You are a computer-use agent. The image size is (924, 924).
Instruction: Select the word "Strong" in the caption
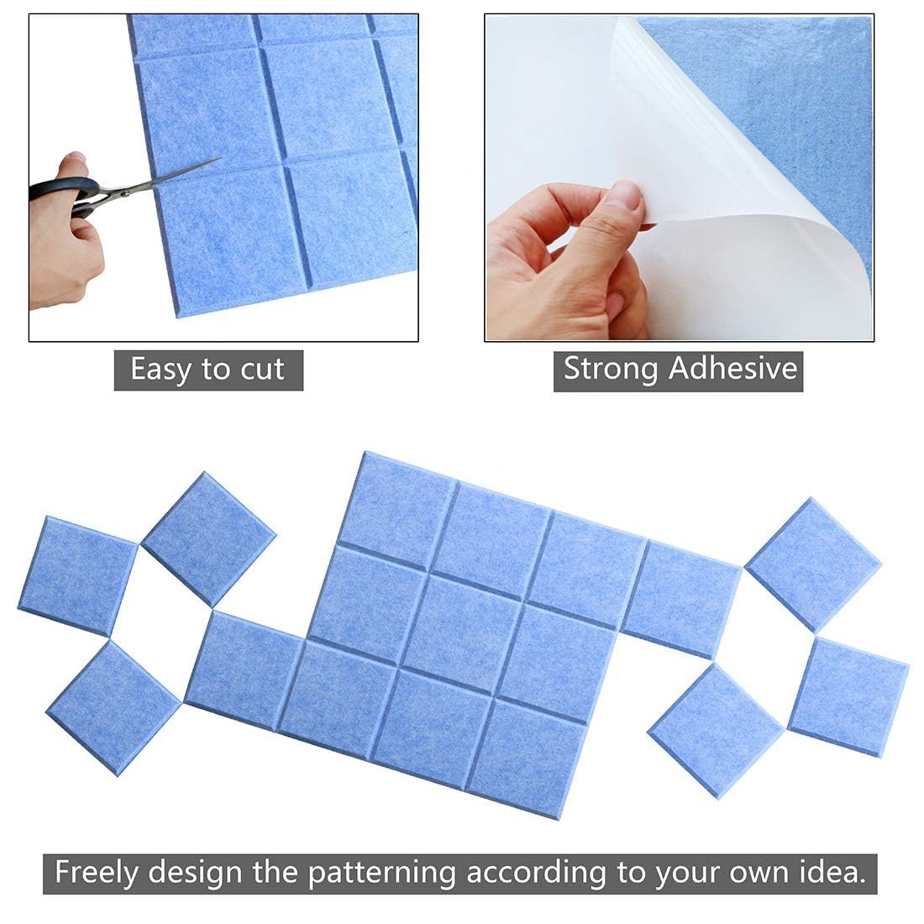(x=611, y=370)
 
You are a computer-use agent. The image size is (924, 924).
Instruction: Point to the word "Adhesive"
(x=733, y=369)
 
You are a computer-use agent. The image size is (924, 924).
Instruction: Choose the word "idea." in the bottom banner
(x=832, y=872)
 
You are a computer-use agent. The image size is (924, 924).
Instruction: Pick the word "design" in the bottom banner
(x=195, y=873)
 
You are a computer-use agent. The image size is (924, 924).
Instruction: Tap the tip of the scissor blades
(x=222, y=158)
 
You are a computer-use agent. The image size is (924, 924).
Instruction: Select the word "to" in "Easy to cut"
(x=216, y=371)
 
